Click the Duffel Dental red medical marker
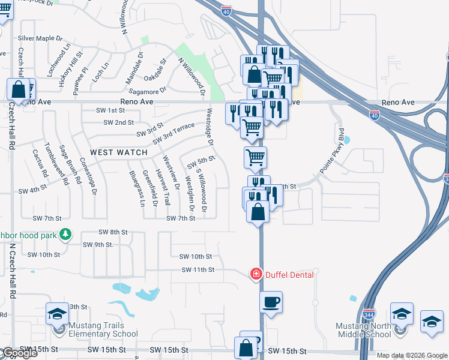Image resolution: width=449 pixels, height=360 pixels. click(256, 274)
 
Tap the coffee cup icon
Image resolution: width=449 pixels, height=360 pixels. click(271, 301)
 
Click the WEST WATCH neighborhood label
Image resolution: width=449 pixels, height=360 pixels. click(119, 152)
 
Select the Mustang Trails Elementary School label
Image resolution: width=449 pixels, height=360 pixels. click(98, 329)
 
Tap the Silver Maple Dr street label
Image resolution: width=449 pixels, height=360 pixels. click(40, 38)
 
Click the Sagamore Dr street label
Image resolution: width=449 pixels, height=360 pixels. click(147, 91)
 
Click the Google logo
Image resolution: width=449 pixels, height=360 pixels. click(19, 353)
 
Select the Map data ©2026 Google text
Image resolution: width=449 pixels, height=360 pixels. click(412, 355)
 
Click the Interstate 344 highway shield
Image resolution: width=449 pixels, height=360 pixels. click(369, 314)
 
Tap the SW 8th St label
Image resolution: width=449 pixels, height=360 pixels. click(111, 232)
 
